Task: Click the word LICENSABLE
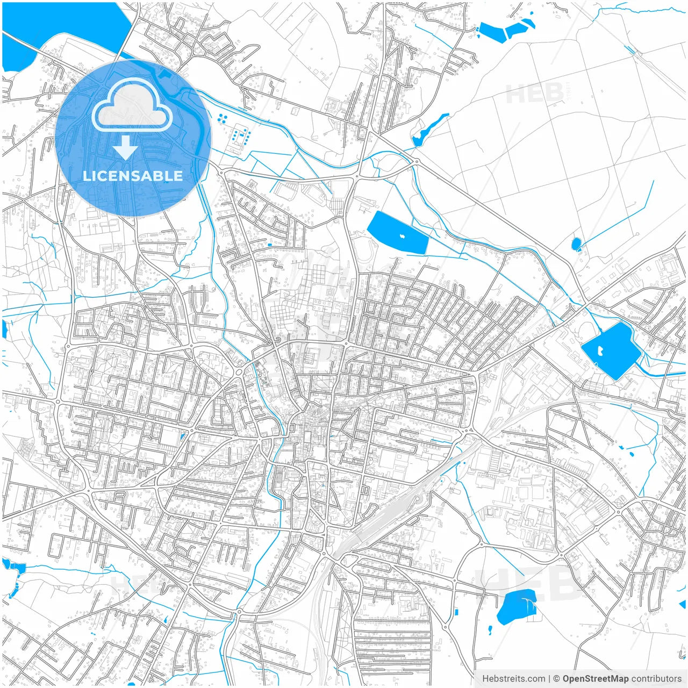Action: (132, 176)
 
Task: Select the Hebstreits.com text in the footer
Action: (513, 679)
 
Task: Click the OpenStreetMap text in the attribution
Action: (595, 679)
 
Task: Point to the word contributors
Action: (656, 679)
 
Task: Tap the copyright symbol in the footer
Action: (557, 679)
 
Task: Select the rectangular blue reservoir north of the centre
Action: (398, 233)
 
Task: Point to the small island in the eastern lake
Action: (599, 351)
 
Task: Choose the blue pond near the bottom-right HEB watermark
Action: (516, 606)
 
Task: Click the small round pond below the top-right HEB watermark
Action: (576, 244)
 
